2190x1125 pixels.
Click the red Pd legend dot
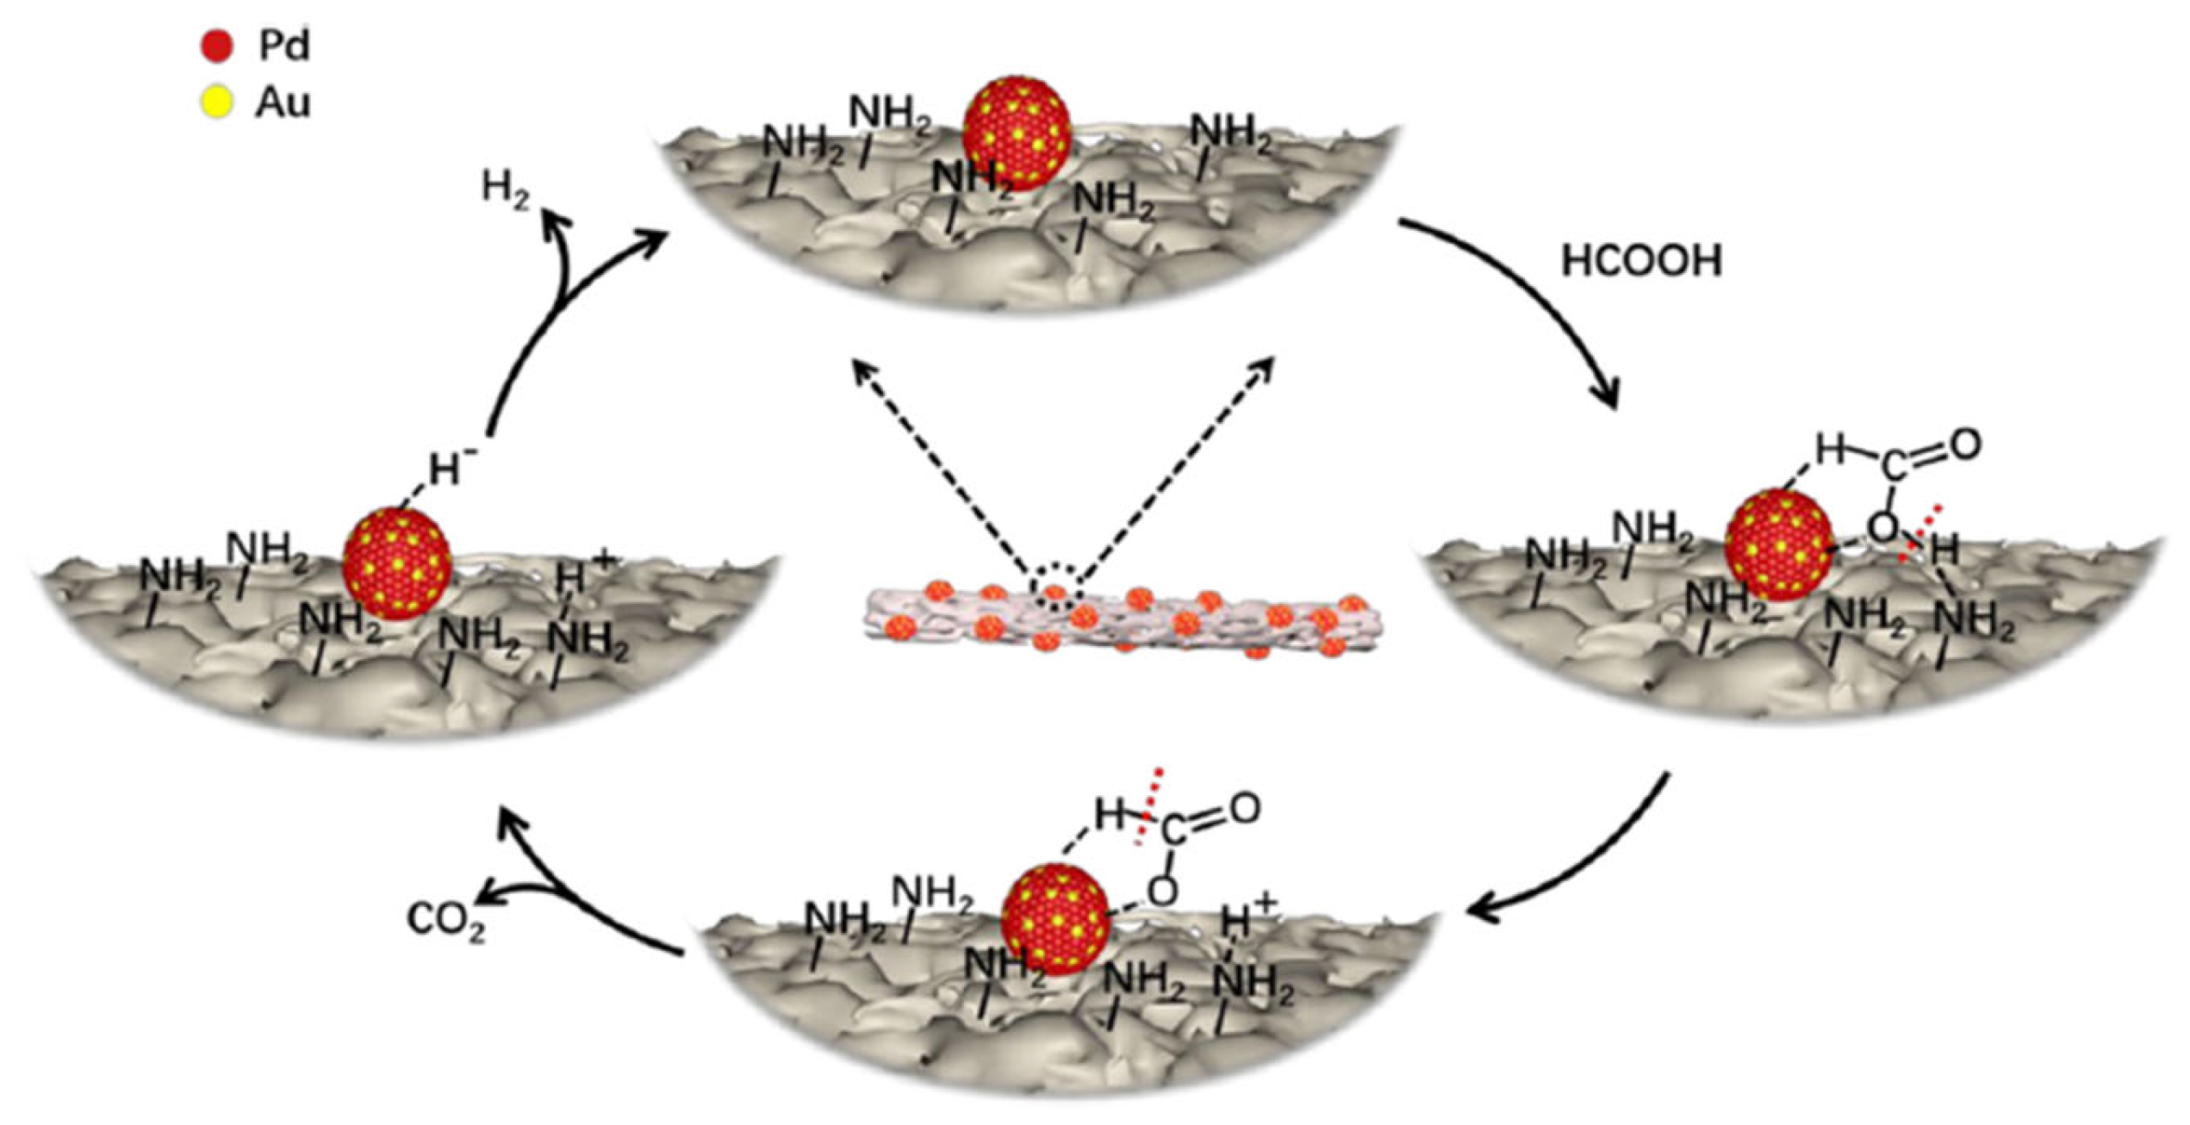216,46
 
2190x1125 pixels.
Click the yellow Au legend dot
216,103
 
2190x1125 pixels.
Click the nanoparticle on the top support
1017,131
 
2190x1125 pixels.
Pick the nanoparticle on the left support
397,564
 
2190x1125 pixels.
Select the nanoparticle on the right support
1780,545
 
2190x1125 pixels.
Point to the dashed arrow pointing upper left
939,465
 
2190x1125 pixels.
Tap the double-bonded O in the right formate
1965,445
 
